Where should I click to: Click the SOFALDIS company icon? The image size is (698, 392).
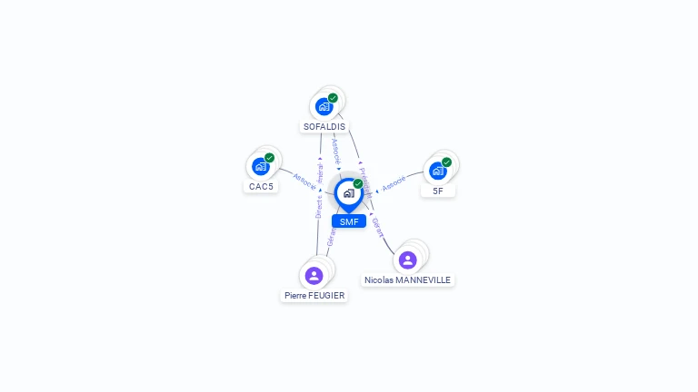coord(324,106)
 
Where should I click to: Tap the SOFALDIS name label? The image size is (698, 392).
coord(324,127)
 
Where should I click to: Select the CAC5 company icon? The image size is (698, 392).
coord(261,166)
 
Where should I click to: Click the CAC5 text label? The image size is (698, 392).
coord(261,187)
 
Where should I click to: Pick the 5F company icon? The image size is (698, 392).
coord(438,171)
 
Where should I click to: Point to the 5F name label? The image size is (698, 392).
coord(438,191)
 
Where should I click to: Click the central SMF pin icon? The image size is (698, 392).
coord(348,193)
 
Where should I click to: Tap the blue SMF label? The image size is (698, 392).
coord(349,221)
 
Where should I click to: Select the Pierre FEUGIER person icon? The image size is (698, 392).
coord(314,275)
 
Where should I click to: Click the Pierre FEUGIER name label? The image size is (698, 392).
coord(314,296)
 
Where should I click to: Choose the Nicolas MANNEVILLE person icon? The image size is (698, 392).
coord(408,260)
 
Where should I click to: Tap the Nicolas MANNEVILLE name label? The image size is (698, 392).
coord(408,280)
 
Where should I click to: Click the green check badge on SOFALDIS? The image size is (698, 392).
coord(333,98)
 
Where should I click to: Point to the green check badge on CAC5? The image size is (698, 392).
coord(270,158)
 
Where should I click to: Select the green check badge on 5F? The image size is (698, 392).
coord(447,162)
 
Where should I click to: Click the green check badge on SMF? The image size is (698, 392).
coord(358,184)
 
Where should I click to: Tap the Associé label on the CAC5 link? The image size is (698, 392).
coord(304,181)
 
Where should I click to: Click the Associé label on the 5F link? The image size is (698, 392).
coord(394,183)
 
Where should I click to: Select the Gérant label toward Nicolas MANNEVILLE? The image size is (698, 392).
coord(377,227)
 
